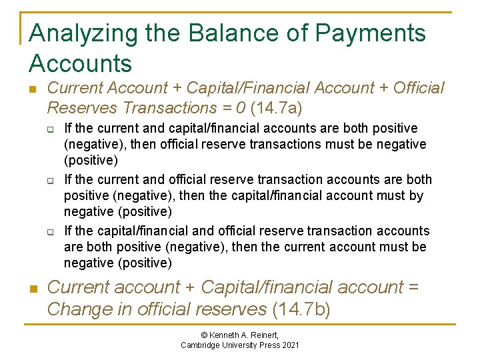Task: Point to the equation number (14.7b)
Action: (x=301, y=309)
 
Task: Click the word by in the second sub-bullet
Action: (x=417, y=196)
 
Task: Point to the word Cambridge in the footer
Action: (x=203, y=345)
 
